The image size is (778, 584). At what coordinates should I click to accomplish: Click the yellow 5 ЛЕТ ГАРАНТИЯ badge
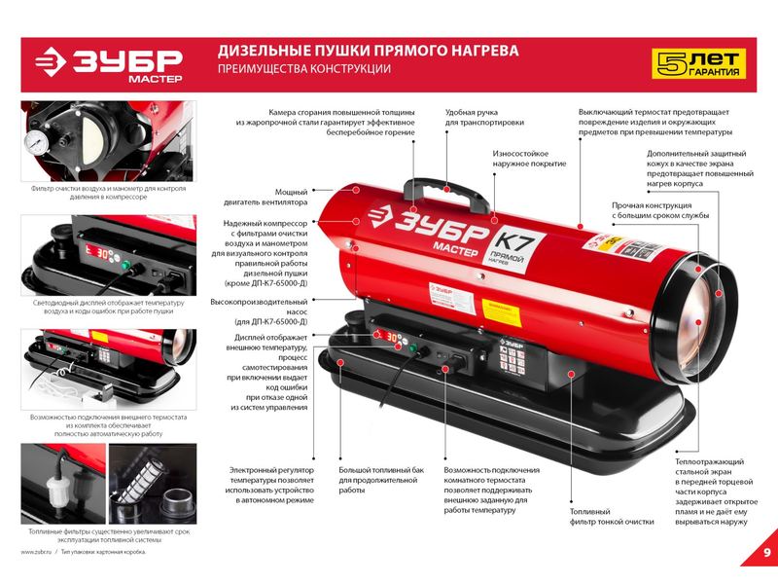click(x=698, y=63)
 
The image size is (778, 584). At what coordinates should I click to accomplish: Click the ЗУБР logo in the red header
click(x=109, y=64)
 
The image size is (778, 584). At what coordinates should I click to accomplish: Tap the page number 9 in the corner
click(x=767, y=552)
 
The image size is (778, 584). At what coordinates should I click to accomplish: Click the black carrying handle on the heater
click(x=445, y=194)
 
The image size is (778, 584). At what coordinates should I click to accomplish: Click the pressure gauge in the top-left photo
click(x=36, y=142)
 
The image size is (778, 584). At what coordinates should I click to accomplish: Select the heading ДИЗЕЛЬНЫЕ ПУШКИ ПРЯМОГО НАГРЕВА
click(x=369, y=51)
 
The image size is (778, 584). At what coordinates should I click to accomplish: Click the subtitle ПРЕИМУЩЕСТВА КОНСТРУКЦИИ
click(x=304, y=69)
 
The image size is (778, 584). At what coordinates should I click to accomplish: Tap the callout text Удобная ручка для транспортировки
click(x=484, y=117)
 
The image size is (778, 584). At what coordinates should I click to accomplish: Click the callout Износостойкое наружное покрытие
click(x=529, y=159)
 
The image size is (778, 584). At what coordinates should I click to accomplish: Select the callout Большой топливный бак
click(x=381, y=470)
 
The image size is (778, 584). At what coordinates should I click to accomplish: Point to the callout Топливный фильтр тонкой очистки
click(x=612, y=517)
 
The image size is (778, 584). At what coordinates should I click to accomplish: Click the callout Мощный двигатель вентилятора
click(x=265, y=198)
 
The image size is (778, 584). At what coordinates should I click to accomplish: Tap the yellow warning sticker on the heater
click(x=502, y=311)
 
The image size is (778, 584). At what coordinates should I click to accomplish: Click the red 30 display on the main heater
click(x=392, y=337)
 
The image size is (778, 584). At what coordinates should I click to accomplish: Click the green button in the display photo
click(x=127, y=265)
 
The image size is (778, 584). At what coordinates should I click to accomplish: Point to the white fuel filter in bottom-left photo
click(x=57, y=491)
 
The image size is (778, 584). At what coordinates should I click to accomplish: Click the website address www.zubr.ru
click(x=36, y=552)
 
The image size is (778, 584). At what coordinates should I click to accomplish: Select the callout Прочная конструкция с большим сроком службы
click(x=660, y=210)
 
